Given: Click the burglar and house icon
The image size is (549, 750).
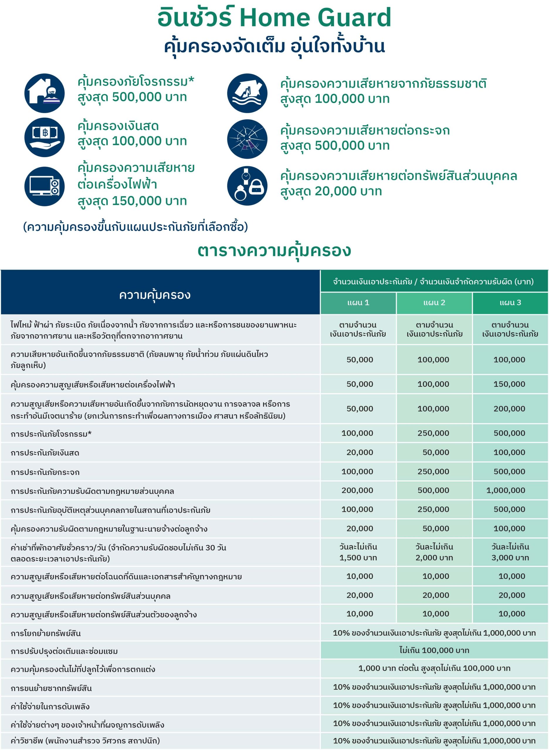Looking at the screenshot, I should (44, 93).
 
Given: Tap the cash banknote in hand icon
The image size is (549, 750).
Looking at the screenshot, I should (44, 137).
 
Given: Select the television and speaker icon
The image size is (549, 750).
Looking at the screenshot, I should (44, 186).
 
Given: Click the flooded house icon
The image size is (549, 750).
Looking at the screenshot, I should (247, 93).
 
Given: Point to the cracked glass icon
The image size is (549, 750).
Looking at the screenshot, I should (247, 139).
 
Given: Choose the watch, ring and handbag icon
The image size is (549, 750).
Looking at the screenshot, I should (247, 186).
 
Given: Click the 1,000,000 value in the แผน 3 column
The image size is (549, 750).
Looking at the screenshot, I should (506, 490).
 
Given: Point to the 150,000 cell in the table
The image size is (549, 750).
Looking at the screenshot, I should (509, 384).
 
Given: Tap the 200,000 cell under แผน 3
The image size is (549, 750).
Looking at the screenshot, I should (509, 409).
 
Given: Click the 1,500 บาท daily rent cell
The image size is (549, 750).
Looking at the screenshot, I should (358, 552).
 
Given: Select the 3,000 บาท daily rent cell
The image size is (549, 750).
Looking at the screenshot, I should (510, 552).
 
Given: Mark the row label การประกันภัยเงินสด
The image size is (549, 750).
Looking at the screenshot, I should (45, 453).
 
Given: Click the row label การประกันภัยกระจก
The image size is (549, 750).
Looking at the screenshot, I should (45, 472).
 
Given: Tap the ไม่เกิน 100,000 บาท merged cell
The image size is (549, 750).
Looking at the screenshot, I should (434, 650).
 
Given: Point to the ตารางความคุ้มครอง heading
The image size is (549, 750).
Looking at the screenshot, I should (274, 251).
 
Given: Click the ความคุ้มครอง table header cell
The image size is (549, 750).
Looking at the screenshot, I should (155, 295).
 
